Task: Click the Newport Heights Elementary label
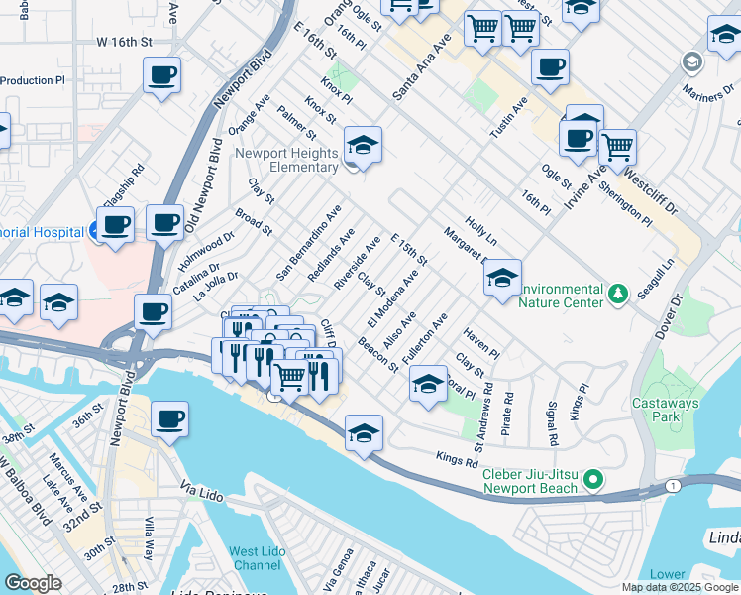[x=286, y=160]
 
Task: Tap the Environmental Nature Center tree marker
[x=618, y=293]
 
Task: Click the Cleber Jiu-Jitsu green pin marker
[x=593, y=480]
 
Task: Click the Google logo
[x=33, y=583]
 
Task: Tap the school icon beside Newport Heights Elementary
[x=363, y=146]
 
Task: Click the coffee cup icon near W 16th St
[x=161, y=74]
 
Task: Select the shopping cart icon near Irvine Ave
[x=617, y=148]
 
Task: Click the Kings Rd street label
[x=458, y=458]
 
